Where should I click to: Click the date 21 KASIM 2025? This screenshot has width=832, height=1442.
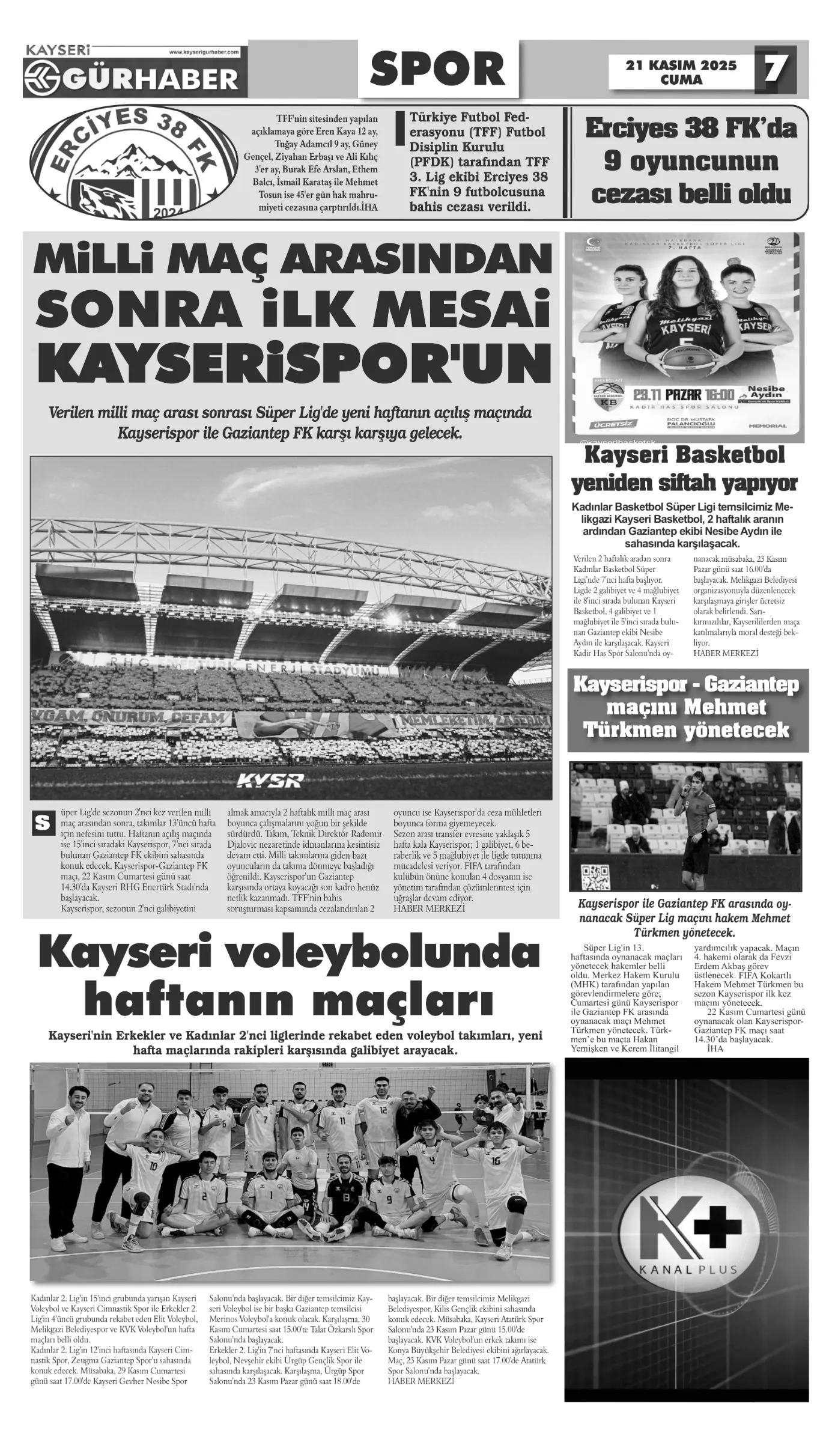coord(681,65)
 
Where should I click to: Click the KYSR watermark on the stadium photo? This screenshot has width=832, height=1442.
coord(270,780)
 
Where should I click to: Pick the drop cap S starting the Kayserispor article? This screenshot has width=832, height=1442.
coord(41,823)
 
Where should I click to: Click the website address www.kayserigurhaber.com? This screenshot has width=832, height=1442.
coord(204,52)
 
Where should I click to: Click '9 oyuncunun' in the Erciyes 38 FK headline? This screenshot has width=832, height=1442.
coord(691,162)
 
